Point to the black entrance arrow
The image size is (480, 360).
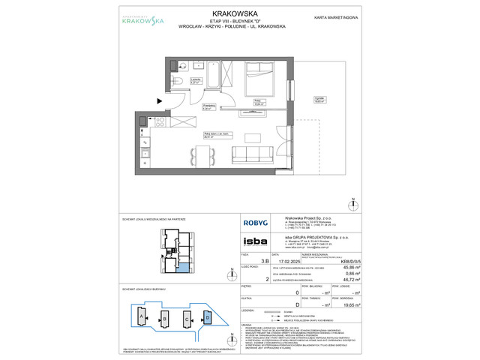point(157,101)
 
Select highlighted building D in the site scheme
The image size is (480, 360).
point(208,319)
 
